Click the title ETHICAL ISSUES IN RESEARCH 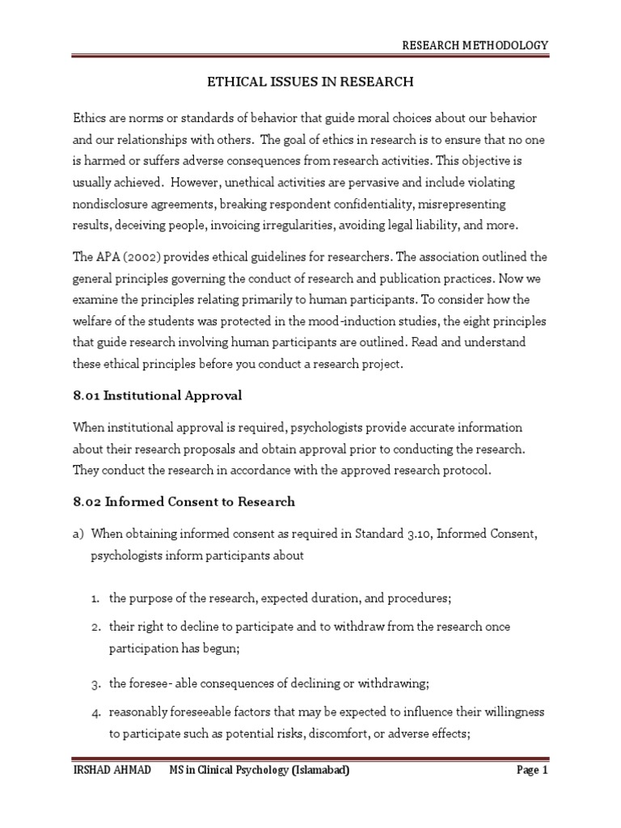[x=310, y=81]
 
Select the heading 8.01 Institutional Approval [x=157, y=395]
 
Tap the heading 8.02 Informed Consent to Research [x=184, y=501]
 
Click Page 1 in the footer [x=532, y=771]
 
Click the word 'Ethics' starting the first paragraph [x=88, y=118]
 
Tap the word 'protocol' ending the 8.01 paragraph [x=463, y=471]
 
